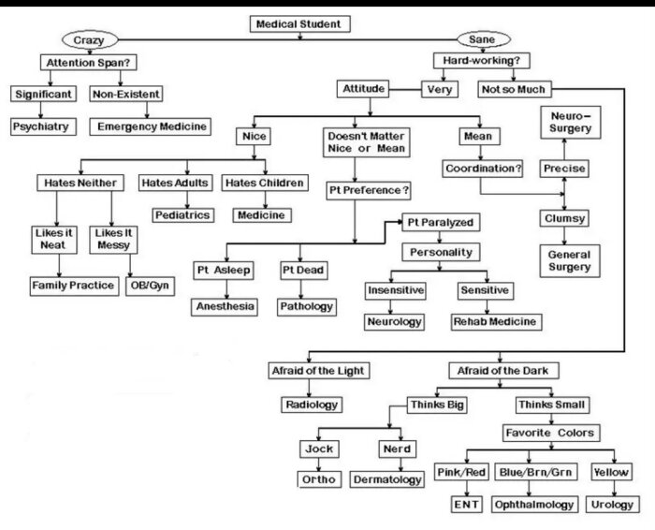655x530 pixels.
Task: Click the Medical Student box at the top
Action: tap(298, 23)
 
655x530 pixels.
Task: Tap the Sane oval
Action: tap(483, 40)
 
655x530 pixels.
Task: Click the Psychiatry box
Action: tap(41, 125)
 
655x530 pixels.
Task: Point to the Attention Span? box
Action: tap(87, 63)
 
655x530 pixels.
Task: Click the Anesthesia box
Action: tap(226, 306)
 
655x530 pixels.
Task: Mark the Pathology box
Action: tap(305, 306)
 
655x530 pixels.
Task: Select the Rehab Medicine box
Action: tap(495, 321)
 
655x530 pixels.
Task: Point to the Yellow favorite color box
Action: tap(611, 472)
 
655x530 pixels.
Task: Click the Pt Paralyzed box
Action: tap(440, 223)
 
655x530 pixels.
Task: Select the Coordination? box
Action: tap(482, 169)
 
